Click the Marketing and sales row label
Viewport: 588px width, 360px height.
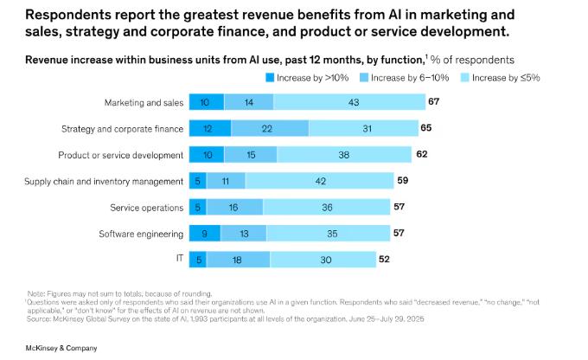(x=144, y=103)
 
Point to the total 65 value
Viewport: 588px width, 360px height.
(x=426, y=129)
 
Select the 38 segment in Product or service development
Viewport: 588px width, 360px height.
(x=344, y=155)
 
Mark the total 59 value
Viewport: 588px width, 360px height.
(x=403, y=181)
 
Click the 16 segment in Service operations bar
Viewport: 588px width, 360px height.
(x=234, y=207)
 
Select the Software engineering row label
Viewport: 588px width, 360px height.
(x=140, y=233)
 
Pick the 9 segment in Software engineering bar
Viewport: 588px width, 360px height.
(x=205, y=233)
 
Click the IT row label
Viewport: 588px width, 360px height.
(x=178, y=259)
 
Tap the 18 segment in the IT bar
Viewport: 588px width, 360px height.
(x=237, y=259)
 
